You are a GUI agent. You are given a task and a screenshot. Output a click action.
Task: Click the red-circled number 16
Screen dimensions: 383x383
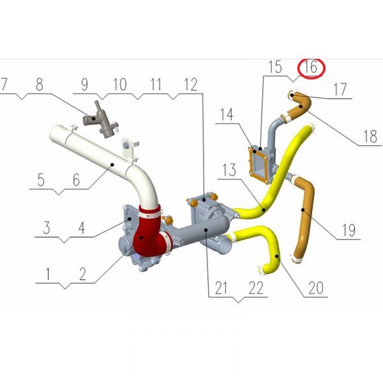pyautogui.click(x=311, y=67)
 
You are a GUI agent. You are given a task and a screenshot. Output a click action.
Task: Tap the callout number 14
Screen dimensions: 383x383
pyautogui.click(x=227, y=114)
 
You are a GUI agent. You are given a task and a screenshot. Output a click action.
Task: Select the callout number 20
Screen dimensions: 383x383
pyautogui.click(x=316, y=288)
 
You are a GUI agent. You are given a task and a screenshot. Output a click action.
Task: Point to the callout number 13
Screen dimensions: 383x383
pyautogui.click(x=229, y=170)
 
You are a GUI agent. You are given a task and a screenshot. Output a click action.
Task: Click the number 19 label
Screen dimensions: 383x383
pyautogui.click(x=349, y=230)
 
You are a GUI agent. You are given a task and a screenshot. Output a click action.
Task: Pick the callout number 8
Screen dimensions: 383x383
pyautogui.click(x=40, y=84)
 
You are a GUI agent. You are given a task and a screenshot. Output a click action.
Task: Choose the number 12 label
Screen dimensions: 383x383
pyautogui.click(x=190, y=84)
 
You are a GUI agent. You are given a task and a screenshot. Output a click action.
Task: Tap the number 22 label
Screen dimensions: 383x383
pyautogui.click(x=256, y=288)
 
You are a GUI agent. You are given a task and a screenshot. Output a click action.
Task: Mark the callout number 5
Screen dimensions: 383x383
pyautogui.click(x=41, y=180)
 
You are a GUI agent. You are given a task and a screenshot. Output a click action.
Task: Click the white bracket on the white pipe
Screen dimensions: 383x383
pyautogui.click(x=130, y=149)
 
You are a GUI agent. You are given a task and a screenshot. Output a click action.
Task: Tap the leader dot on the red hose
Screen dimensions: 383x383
pyautogui.click(x=141, y=237)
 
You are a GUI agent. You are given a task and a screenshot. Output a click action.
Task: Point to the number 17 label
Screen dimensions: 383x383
pyautogui.click(x=340, y=89)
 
